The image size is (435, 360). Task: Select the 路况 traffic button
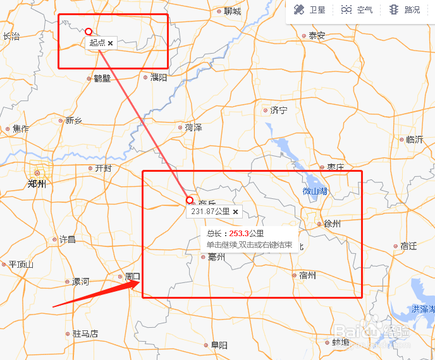point(405,10)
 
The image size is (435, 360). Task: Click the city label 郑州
point(37,184)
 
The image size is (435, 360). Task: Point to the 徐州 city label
point(331,224)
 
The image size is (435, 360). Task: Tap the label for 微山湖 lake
point(315,191)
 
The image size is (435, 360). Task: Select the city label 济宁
point(278,110)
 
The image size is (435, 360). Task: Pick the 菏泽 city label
point(193,128)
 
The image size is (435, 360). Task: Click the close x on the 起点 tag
point(111,43)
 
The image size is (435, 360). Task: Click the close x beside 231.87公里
point(235,212)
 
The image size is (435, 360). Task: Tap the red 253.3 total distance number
point(239,234)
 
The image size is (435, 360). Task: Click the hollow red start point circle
point(89,31)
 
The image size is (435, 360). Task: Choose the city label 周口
point(132,277)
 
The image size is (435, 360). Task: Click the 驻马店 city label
point(85,333)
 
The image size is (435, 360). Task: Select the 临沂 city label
point(414,140)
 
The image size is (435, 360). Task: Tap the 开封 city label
point(102,169)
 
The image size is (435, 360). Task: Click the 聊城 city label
point(232,11)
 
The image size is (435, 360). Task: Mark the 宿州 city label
point(307,275)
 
